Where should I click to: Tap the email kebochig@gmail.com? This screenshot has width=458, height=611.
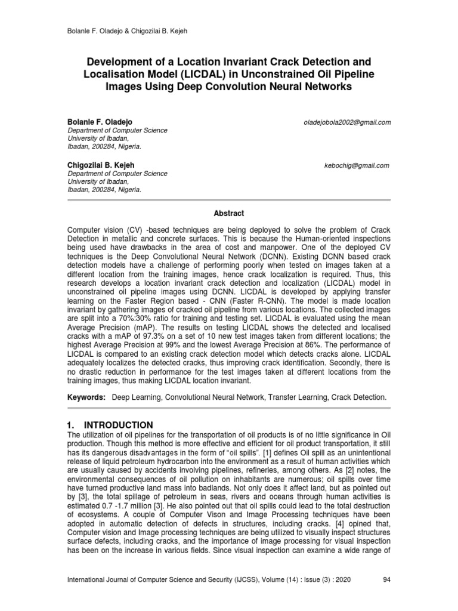click(355, 165)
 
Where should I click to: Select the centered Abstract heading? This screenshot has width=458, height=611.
click(229, 213)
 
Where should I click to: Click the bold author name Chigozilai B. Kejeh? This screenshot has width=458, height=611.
click(101, 165)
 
